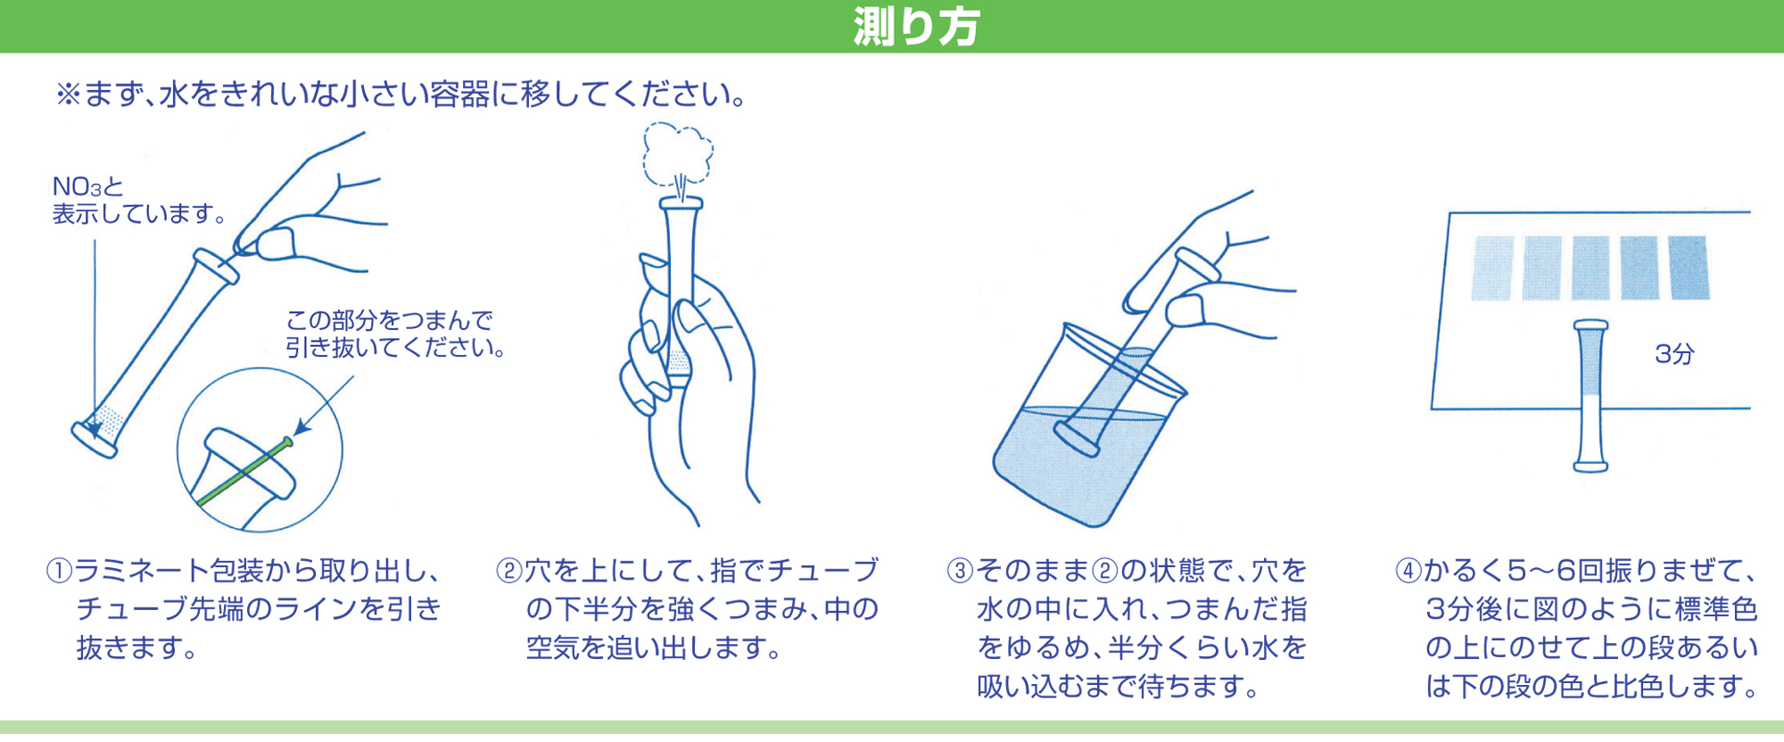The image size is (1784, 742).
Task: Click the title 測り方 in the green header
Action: [916, 26]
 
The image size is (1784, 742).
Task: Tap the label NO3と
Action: [87, 186]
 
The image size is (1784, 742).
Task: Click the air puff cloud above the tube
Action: [679, 155]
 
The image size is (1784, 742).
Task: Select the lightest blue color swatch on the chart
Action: [1492, 268]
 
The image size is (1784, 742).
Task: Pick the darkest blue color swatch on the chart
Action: [1688, 267]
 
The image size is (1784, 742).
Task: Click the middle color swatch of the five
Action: [1590, 268]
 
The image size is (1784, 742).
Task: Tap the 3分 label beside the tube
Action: [1673, 354]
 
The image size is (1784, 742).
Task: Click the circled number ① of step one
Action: [59, 570]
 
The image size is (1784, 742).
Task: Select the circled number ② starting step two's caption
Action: [508, 570]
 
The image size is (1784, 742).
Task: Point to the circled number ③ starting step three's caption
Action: [960, 570]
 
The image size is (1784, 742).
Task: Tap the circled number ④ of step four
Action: [1408, 570]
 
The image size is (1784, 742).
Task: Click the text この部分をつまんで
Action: [390, 320]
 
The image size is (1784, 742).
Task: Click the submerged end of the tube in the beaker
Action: [1076, 438]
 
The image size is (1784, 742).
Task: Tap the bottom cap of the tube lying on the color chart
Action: [1590, 465]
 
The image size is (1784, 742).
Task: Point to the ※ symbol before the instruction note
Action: [68, 95]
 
